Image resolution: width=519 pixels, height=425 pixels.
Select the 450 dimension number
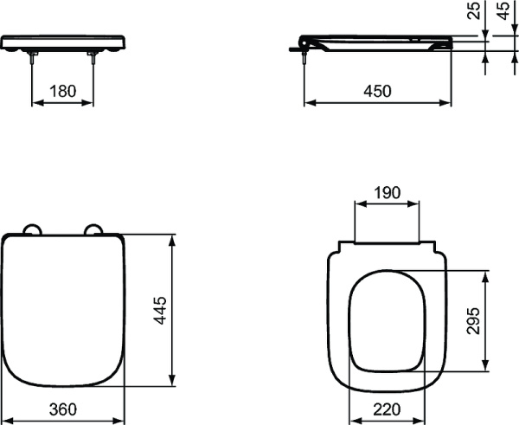tap(377, 89)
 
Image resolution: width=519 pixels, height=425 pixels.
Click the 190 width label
tap(388, 192)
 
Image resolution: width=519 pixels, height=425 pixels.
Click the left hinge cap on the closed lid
tap(33, 229)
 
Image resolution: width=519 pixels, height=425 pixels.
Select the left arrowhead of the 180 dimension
tap(35, 101)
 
